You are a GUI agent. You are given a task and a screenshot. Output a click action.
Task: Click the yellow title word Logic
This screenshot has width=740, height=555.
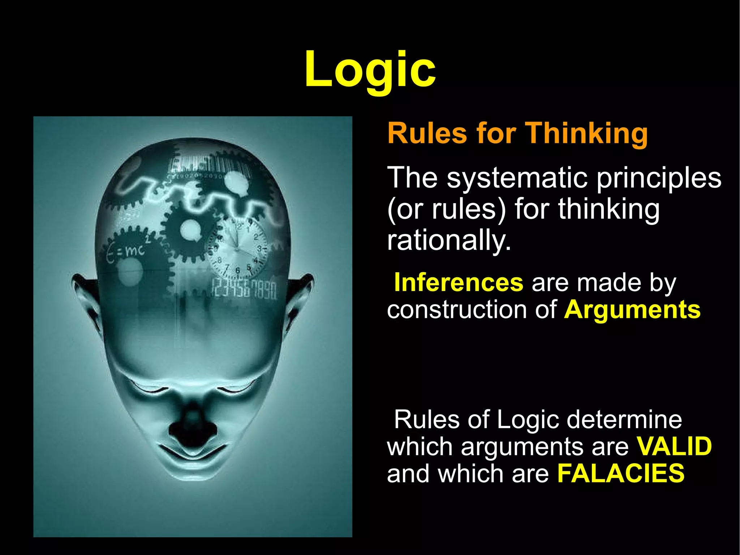370,69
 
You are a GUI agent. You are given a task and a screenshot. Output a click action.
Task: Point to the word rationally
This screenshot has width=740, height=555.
449,241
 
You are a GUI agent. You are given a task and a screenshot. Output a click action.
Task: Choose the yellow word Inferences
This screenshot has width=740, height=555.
459,282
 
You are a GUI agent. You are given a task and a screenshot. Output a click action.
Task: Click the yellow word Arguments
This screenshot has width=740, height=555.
632,310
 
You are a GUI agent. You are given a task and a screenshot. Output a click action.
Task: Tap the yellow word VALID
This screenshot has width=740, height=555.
674,446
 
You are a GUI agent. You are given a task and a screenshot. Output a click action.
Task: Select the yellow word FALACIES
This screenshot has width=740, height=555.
621,473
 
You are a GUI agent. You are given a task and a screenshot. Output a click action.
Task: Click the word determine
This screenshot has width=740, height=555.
624,419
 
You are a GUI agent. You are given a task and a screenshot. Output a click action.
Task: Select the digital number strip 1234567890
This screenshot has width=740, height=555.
244,289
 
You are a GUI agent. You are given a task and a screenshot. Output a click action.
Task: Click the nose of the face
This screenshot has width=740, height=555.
193,427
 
